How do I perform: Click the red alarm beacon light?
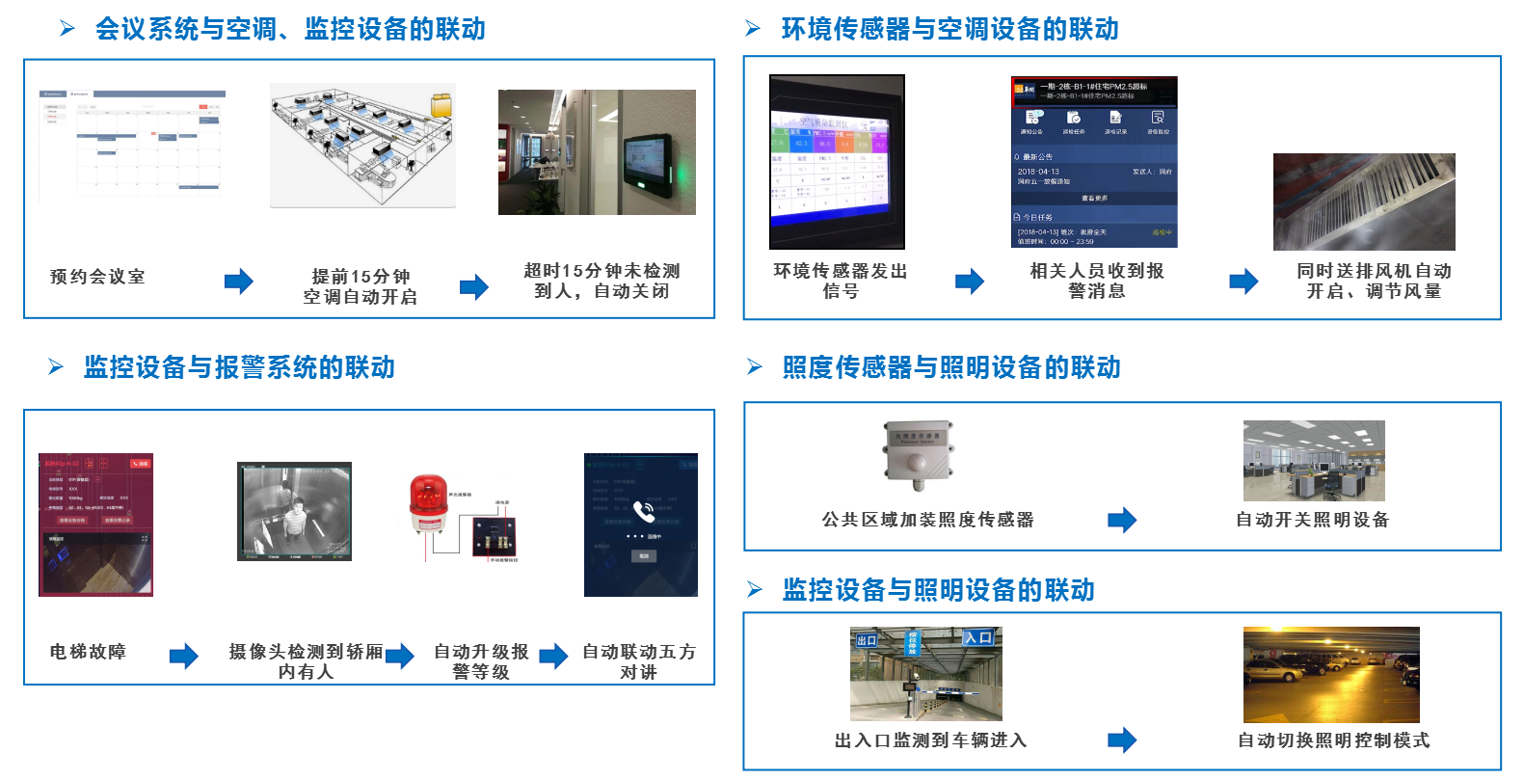coord(427,505)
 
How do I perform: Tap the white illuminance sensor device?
coord(920,454)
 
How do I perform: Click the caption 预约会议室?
coord(97,277)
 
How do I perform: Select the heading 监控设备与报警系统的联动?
coord(239,367)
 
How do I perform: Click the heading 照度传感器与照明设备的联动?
coord(951,367)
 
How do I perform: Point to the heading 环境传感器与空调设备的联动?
coord(949,29)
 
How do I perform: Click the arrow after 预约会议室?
coord(238,282)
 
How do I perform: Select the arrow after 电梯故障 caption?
coord(183,657)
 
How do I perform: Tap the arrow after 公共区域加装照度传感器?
coord(1122,521)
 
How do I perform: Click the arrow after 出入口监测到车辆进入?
coord(1122,740)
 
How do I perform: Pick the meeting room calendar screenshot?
coord(132,145)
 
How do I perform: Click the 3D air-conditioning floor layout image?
coord(362,145)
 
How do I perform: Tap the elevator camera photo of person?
coord(294,511)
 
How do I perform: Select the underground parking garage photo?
coord(1330,675)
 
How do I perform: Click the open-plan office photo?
coord(1313,461)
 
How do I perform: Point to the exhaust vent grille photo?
coord(1363,202)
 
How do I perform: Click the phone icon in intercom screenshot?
coord(644,511)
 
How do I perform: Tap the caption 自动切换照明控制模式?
coord(1333,740)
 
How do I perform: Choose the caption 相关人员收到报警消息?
coord(1096,281)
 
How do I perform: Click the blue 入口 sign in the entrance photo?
coord(978,637)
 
